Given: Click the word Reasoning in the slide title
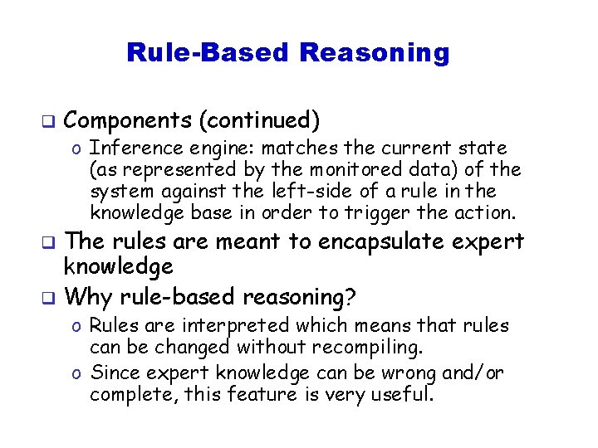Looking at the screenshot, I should (x=374, y=53).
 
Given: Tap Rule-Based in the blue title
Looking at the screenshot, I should (x=207, y=53).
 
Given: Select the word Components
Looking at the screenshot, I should (x=127, y=121).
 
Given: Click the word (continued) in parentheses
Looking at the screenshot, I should (x=259, y=121).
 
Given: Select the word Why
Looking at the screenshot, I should (x=86, y=296).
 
